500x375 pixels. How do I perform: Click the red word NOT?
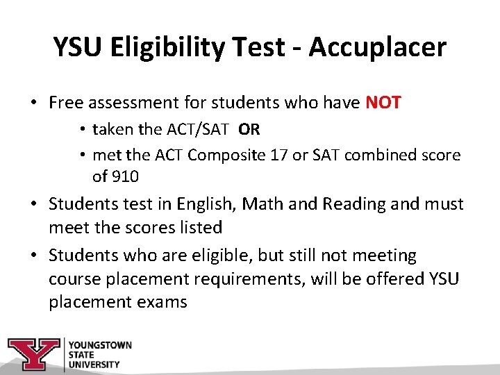pyautogui.click(x=383, y=103)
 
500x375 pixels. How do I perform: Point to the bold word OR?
pyautogui.click(x=249, y=130)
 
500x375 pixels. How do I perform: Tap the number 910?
pyautogui.click(x=124, y=176)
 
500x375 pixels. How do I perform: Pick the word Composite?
pyautogui.click(x=234, y=154)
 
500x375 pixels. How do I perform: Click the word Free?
pyautogui.click(x=65, y=103)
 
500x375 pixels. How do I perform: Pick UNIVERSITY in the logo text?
pyautogui.click(x=94, y=364)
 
